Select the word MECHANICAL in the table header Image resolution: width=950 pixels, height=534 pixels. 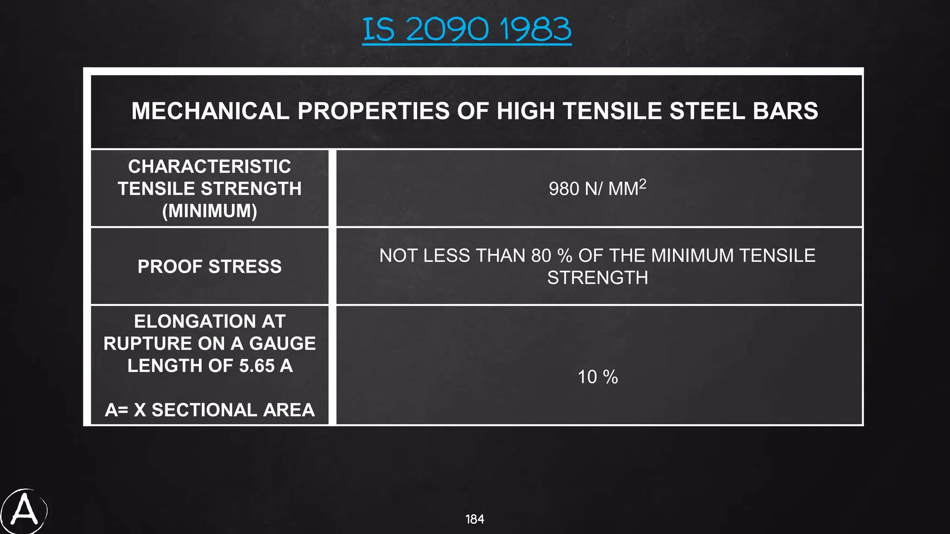[210, 111]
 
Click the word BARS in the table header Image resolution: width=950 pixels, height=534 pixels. [785, 111]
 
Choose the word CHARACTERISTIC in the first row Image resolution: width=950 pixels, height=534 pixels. [210, 166]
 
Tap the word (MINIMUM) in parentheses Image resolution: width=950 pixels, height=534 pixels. [210, 211]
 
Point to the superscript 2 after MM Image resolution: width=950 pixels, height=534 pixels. [642, 184]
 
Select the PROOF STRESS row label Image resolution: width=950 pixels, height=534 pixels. [210, 267]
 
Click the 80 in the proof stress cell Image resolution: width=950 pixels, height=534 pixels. [541, 256]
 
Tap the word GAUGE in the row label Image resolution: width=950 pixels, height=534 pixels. [282, 343]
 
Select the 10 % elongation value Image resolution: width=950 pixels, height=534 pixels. [597, 377]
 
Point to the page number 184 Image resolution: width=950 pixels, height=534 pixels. [475, 519]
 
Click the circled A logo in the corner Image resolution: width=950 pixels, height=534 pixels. [24, 511]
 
